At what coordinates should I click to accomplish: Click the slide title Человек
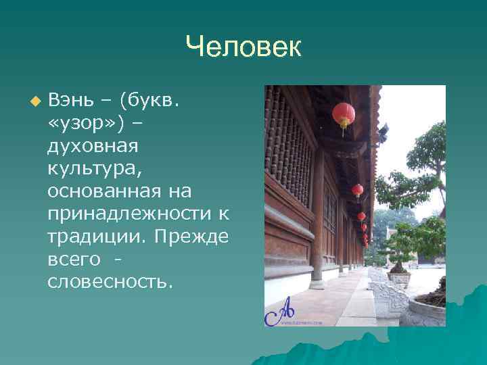pos(243,47)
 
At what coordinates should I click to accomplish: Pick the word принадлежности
pos(129,214)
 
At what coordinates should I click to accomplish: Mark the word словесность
pos(110,281)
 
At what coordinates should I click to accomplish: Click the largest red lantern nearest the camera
pos(344,114)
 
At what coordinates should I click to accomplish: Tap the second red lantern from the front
pos(357,191)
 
